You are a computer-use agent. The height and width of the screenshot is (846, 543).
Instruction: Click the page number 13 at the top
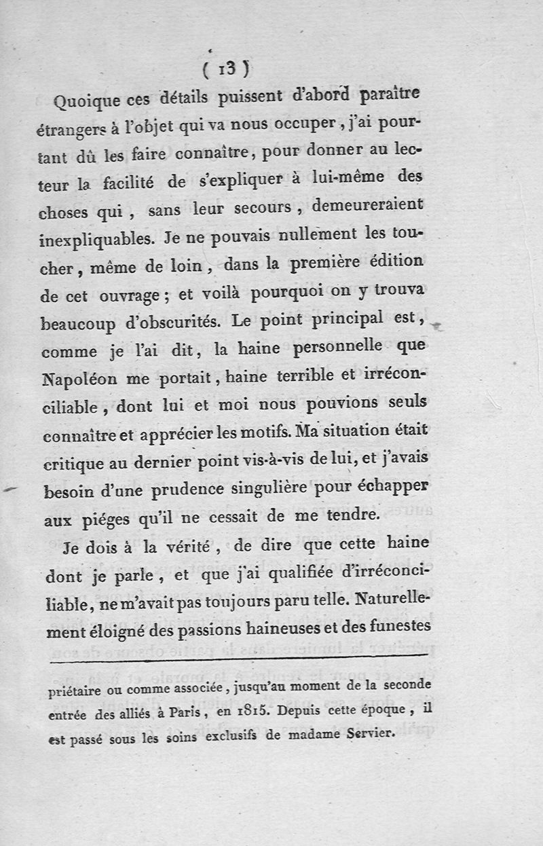coord(227,69)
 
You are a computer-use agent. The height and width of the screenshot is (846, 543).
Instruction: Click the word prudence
coord(207,491)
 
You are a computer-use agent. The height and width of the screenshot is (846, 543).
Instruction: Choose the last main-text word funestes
coord(393,631)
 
